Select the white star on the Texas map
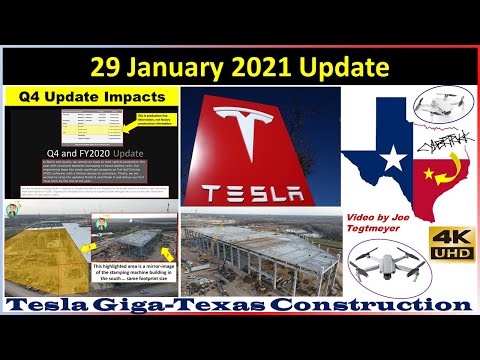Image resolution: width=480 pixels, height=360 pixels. click(393, 157)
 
